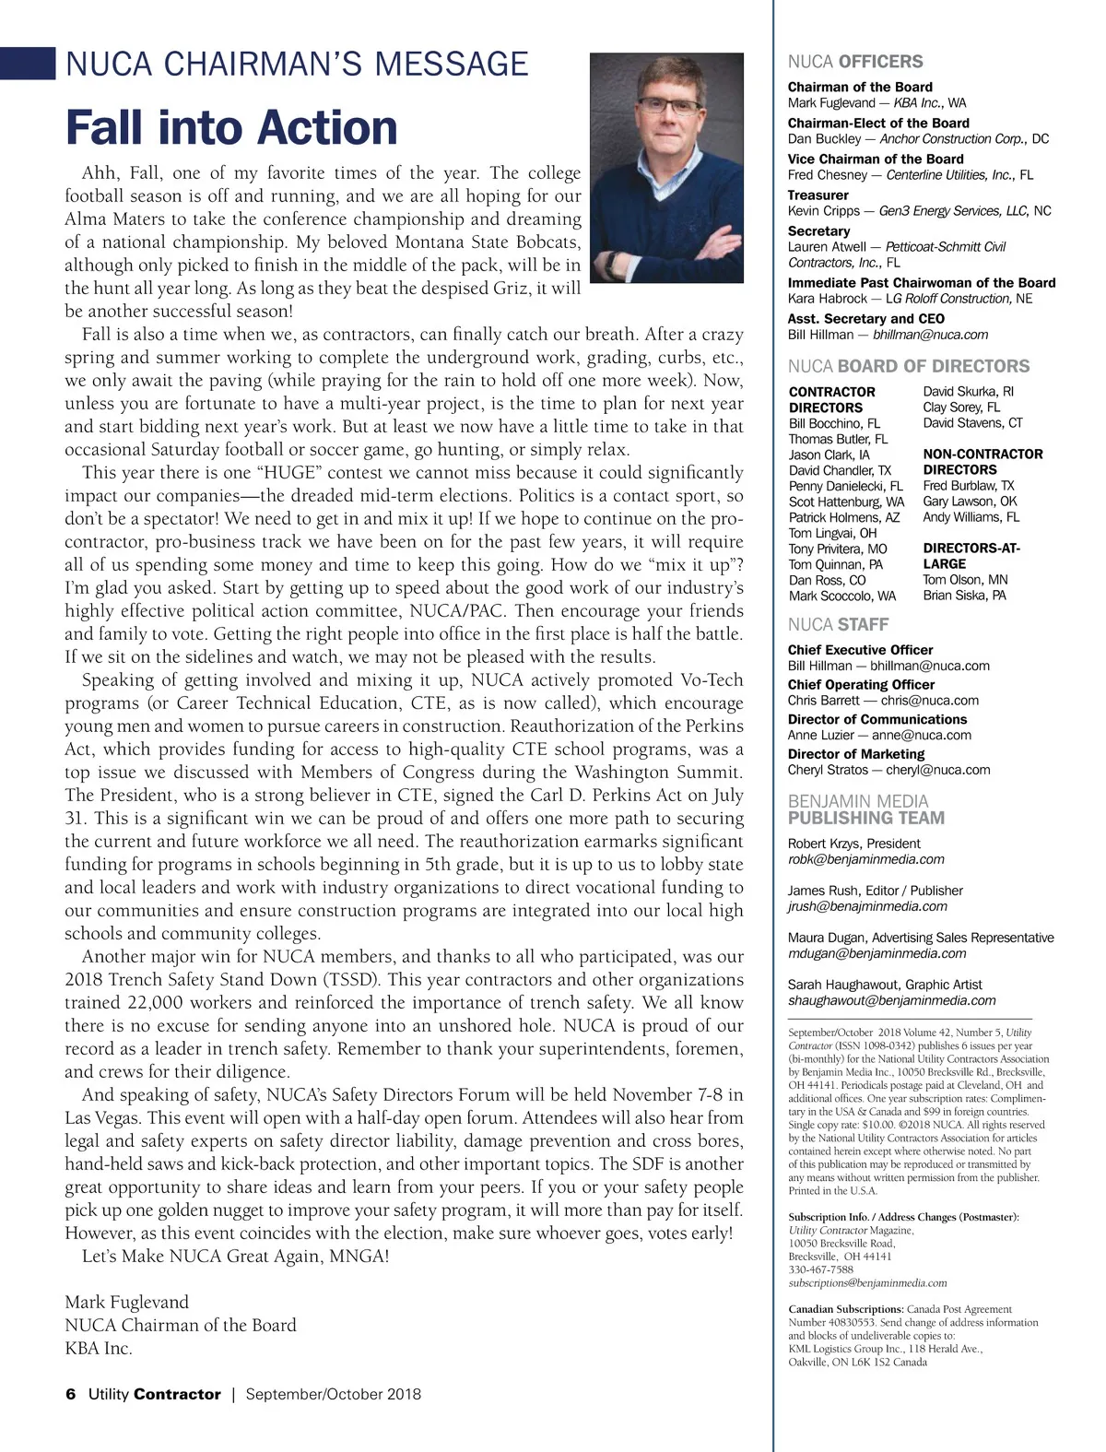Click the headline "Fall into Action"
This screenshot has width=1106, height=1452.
point(231,127)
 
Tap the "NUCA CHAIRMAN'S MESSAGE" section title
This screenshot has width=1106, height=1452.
point(297,64)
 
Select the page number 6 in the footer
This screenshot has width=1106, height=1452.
point(71,1394)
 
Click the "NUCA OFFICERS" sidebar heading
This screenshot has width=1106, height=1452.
point(854,62)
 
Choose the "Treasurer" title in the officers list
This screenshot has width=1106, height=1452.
point(818,195)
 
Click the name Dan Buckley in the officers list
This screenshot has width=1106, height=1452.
point(824,139)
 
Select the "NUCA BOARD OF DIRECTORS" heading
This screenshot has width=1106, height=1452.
point(908,366)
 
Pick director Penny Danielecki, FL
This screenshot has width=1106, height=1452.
point(845,486)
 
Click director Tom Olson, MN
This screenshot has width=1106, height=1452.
point(965,580)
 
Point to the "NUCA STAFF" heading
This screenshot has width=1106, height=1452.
point(838,624)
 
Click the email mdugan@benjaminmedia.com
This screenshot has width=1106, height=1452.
point(877,953)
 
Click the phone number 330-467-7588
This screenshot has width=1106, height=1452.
point(820,1269)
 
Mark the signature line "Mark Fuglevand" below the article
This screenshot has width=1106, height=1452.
point(126,1302)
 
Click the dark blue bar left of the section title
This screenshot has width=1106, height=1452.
point(28,63)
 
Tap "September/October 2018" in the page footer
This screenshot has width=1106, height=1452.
point(333,1394)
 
